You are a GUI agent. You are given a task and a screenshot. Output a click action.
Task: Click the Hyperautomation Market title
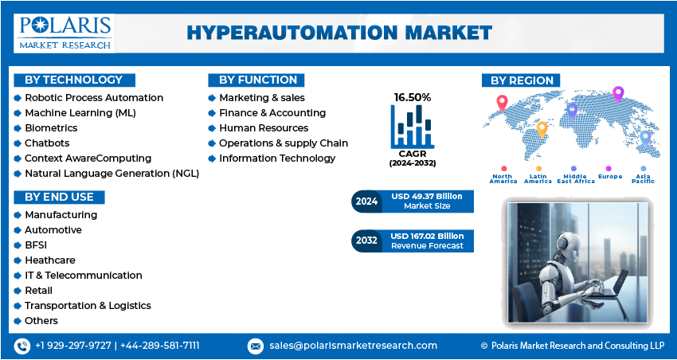click(338, 33)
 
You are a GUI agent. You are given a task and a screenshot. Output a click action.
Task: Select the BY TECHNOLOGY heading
click(74, 80)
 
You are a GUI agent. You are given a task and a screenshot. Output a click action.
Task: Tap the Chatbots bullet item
click(47, 143)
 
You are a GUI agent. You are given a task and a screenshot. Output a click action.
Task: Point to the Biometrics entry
click(51, 127)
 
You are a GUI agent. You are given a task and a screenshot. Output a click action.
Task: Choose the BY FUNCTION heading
click(257, 80)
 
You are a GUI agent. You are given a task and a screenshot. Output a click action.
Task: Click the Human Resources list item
click(264, 127)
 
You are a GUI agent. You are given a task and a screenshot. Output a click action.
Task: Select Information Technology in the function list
click(277, 158)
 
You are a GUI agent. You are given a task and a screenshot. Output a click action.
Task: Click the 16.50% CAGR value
click(413, 97)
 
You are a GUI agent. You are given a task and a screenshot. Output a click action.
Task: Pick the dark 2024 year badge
click(366, 202)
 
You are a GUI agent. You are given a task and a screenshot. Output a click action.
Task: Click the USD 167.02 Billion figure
click(427, 236)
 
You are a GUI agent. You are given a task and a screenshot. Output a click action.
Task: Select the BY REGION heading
click(522, 80)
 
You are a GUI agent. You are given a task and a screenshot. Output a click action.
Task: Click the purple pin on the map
click(617, 95)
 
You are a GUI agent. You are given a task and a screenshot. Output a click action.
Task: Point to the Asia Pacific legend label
click(644, 178)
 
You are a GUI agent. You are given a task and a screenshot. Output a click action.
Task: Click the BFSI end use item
click(37, 245)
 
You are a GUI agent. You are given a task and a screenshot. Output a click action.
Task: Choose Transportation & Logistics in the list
click(88, 306)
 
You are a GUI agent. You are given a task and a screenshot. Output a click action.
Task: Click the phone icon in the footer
click(22, 346)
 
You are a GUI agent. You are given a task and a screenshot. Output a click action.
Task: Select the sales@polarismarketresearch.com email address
click(353, 346)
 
